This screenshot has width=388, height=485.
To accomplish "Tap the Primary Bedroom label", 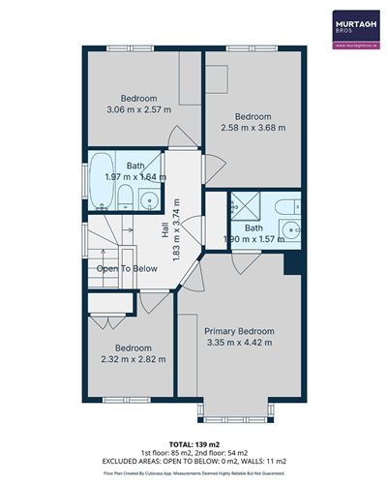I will [238, 329].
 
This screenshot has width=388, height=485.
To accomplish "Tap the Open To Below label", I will [127, 268].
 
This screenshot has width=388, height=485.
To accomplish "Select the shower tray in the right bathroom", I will [244, 206].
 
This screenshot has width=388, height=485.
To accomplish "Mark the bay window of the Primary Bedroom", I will [238, 418].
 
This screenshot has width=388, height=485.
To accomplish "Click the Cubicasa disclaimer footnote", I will [194, 473].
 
